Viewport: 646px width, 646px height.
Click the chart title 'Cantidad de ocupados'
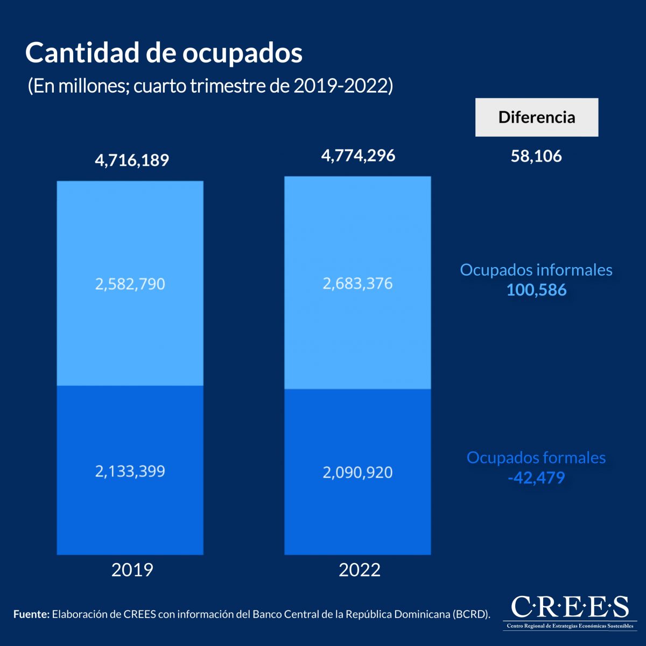point(164,53)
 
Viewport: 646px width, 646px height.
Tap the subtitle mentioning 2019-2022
point(210,86)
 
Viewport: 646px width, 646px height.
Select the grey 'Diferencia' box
point(536,117)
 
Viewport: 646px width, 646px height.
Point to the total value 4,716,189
point(132,160)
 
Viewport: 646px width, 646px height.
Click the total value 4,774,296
point(358,156)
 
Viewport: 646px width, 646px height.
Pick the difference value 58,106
point(536,157)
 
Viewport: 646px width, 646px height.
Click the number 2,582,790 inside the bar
point(130,284)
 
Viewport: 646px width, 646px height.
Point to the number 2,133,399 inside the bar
point(130,472)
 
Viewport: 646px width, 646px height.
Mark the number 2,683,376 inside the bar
point(357,283)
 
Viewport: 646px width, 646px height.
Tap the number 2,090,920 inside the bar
point(357,473)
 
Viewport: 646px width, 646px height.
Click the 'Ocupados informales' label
point(536,270)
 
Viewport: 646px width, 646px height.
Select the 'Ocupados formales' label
point(536,458)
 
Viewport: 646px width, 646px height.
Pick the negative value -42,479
point(536,478)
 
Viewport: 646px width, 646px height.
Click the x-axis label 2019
point(132,570)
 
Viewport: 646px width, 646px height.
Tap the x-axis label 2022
point(359,570)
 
